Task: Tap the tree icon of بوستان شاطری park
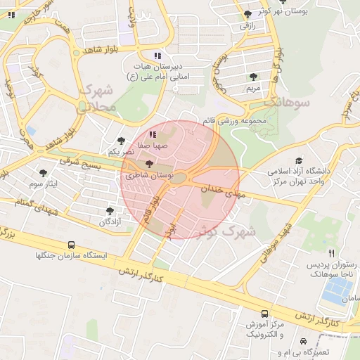pyautogui.click(x=148, y=163)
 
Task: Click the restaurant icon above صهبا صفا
pyautogui.click(x=153, y=134)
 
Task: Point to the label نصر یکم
pyautogui.click(x=120, y=152)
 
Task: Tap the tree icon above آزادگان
pyautogui.click(x=109, y=210)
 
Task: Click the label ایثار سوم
pyautogui.click(x=49, y=184)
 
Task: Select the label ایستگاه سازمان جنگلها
pyautogui.click(x=67, y=255)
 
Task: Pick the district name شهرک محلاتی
pyautogui.click(x=96, y=98)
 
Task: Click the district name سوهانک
pyautogui.click(x=287, y=103)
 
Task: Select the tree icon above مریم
pyautogui.click(x=253, y=77)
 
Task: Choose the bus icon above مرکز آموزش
pyautogui.click(x=264, y=314)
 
